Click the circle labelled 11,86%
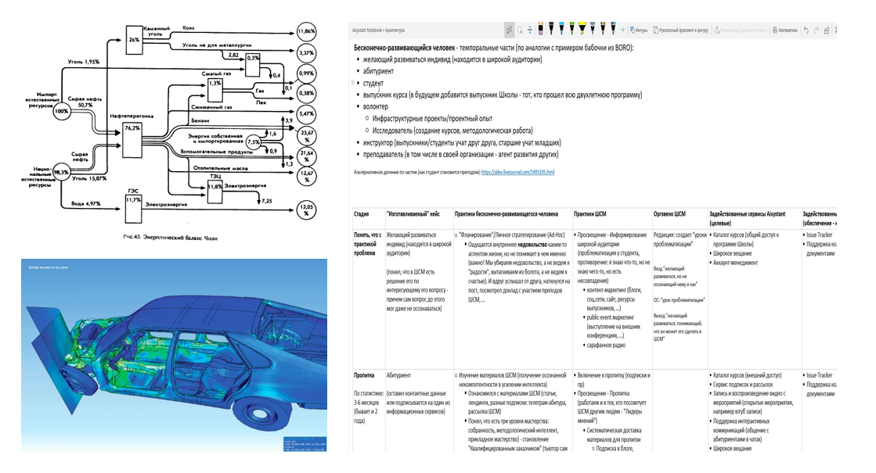(x=306, y=32)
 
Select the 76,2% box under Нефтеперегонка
(x=131, y=139)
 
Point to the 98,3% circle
(x=61, y=171)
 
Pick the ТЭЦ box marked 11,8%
(x=214, y=188)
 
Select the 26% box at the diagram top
(x=134, y=39)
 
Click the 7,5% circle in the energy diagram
(x=253, y=143)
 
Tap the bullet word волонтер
(x=375, y=106)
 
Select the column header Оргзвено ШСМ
(x=669, y=213)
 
